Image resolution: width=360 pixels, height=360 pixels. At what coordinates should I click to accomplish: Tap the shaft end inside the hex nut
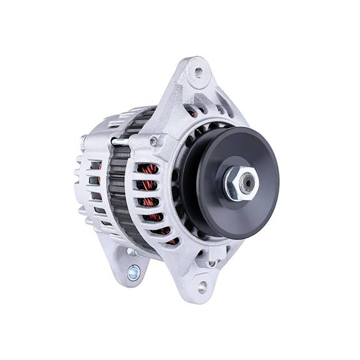(x=247, y=183)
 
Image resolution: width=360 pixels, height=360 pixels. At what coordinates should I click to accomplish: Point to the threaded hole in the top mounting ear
(x=198, y=73)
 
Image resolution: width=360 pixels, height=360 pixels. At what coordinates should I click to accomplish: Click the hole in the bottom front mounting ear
(x=202, y=287)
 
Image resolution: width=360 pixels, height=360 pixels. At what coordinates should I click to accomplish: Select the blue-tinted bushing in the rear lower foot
(x=134, y=273)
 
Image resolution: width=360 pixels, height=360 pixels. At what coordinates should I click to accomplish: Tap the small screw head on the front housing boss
(x=154, y=140)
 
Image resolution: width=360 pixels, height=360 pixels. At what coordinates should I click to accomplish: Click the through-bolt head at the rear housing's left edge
(x=83, y=140)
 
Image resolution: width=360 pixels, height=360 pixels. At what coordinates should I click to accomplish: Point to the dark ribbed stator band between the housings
(x=119, y=187)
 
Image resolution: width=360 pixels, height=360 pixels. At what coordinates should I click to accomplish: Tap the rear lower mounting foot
(x=128, y=263)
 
